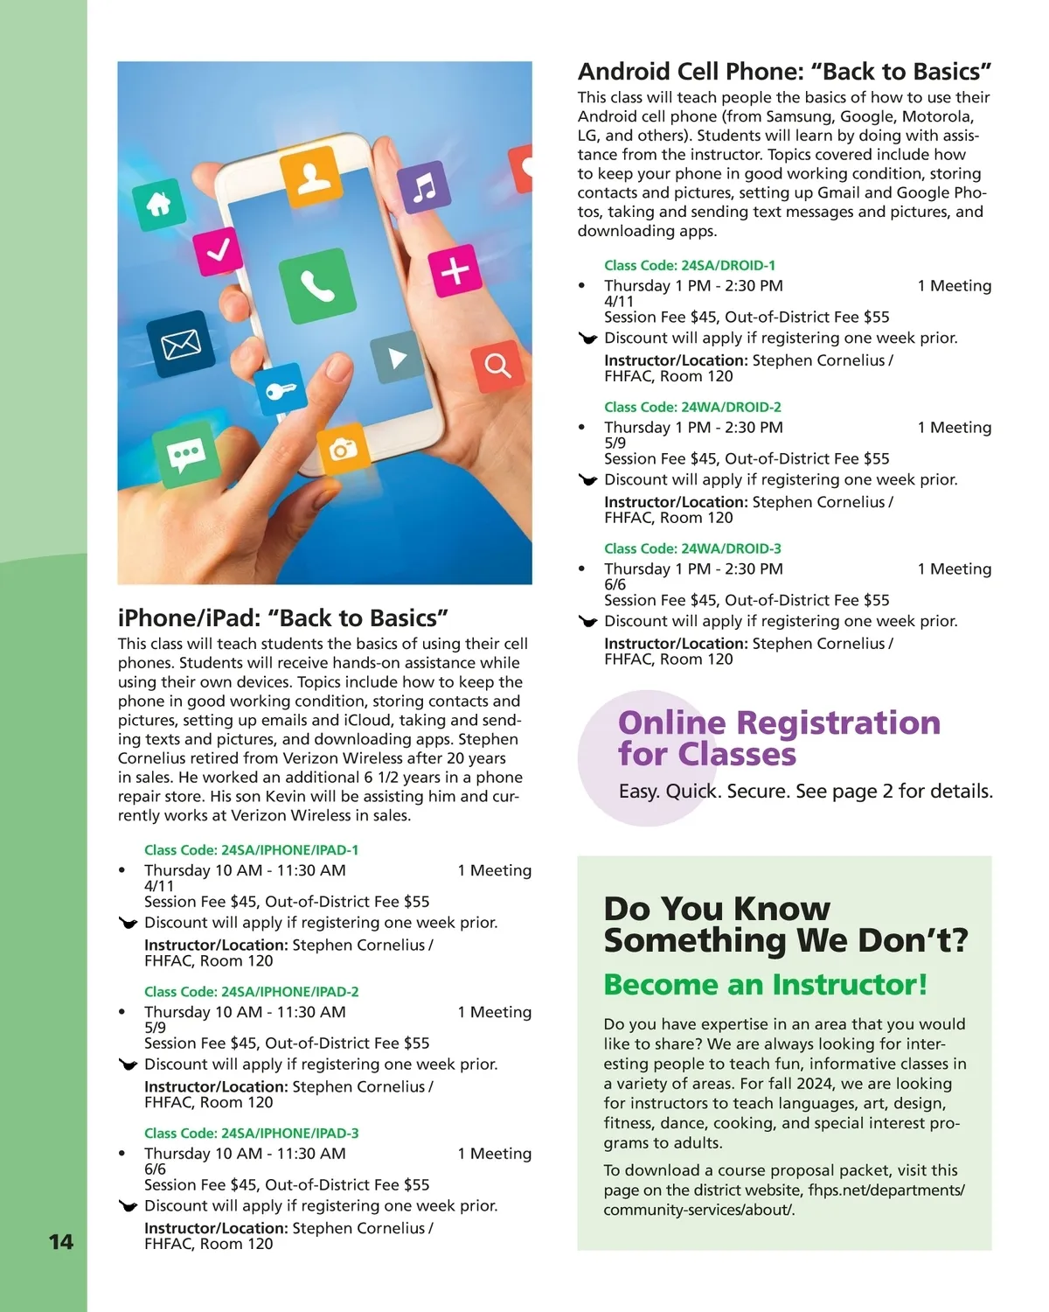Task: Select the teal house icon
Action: click(159, 205)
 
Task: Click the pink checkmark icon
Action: click(219, 250)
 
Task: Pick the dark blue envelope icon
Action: click(181, 344)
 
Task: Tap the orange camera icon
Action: click(343, 450)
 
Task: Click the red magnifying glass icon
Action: click(497, 366)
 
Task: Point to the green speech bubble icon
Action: click(186, 454)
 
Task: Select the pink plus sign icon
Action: click(455, 270)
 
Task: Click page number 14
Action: click(61, 1242)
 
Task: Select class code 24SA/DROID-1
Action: click(690, 265)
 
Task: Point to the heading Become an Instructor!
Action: click(765, 985)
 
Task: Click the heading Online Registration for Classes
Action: click(778, 738)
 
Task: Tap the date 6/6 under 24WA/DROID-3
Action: click(615, 584)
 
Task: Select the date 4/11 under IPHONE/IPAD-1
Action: click(159, 886)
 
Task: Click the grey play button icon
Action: click(398, 358)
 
